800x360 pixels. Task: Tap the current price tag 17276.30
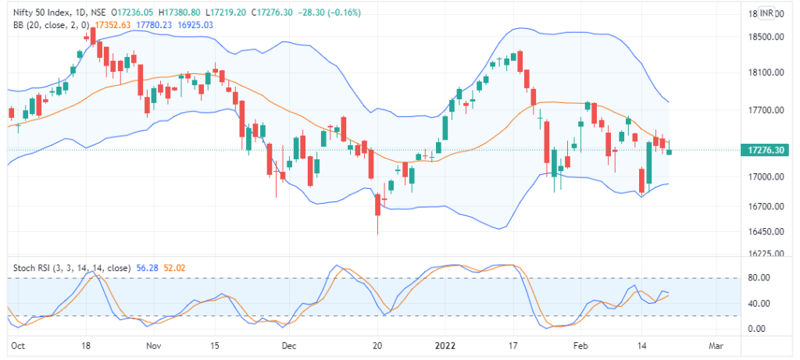(x=765, y=149)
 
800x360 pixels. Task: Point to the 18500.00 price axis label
(x=766, y=37)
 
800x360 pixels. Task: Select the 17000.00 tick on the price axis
(x=766, y=177)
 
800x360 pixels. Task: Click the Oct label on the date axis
(x=17, y=344)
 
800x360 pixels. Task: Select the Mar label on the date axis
(x=714, y=344)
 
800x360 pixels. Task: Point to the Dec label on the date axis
(x=289, y=344)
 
